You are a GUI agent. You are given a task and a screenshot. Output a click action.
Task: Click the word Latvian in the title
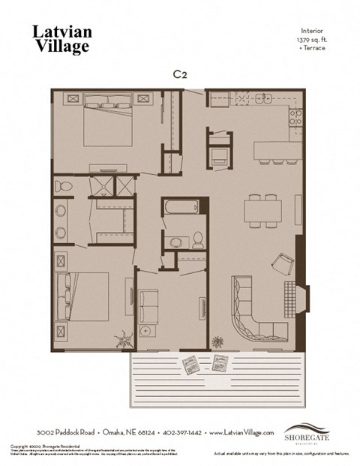(x=62, y=31)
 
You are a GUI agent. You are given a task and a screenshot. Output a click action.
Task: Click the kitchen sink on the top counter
(x=262, y=98)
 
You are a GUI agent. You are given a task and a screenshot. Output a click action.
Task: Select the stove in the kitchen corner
(x=295, y=116)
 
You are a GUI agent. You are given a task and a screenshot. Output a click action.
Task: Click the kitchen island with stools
(x=277, y=150)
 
